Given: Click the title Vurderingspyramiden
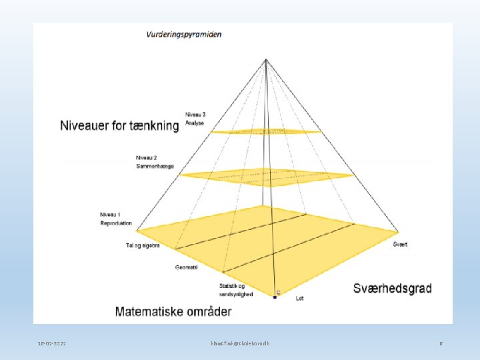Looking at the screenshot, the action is (185, 34).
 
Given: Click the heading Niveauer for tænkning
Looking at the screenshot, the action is (120, 125).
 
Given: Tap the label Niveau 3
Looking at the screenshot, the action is (195, 115).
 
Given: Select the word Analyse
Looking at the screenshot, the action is (195, 123).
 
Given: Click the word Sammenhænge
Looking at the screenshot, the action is (155, 165).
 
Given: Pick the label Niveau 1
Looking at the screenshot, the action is (109, 215).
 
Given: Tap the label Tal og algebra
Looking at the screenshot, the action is (143, 245).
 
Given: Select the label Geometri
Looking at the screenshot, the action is (186, 267).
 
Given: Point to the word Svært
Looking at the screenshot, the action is (400, 245).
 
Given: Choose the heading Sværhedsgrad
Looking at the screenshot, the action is (392, 289).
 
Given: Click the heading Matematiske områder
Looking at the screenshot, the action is (173, 311).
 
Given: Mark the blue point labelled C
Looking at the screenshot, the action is (274, 297).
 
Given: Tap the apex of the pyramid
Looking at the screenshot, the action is (266, 60).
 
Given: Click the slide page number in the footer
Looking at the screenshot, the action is (441, 343).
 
